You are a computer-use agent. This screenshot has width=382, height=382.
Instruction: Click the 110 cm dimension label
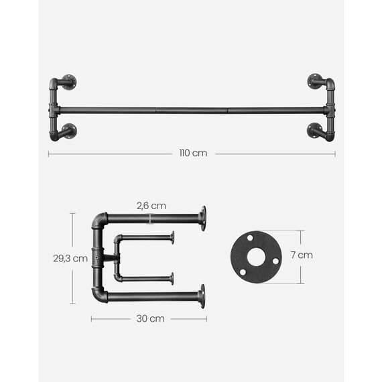click(x=193, y=153)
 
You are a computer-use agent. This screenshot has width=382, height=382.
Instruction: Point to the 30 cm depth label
click(x=150, y=319)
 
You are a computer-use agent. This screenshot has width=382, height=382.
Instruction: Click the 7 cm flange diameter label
click(x=302, y=255)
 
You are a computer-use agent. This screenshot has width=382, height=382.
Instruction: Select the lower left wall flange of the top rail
click(x=69, y=130)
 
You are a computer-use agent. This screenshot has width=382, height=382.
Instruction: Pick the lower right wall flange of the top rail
click(x=314, y=130)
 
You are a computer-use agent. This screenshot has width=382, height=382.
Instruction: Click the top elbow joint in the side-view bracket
click(x=99, y=220)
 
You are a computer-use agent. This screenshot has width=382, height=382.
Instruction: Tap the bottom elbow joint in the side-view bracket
click(x=99, y=294)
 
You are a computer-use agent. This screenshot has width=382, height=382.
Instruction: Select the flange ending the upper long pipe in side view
click(x=202, y=218)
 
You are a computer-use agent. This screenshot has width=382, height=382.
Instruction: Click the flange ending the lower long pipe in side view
click(x=202, y=296)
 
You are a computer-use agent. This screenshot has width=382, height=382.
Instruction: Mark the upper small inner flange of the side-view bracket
click(x=172, y=237)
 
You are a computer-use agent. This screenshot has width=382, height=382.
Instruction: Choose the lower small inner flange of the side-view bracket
click(x=172, y=277)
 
